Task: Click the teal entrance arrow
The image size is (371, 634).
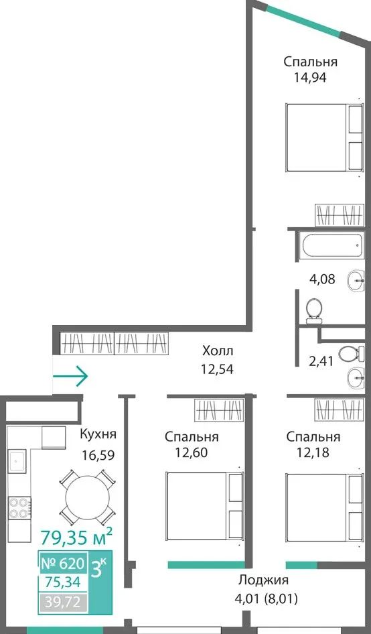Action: coord(70,376)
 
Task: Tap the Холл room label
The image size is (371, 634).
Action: coord(218,350)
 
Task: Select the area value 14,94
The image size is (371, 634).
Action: coord(310,77)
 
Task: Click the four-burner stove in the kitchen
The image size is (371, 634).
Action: coord(19,508)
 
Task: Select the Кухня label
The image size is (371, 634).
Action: coord(98,435)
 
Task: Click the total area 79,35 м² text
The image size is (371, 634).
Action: coord(76,537)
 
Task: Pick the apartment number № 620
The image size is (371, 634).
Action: coord(63,563)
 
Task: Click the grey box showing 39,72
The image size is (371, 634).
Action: coord(63,603)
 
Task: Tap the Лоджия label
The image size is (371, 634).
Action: coord(263,580)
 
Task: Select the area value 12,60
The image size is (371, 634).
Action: coord(191,452)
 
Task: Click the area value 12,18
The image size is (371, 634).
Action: coord(312,452)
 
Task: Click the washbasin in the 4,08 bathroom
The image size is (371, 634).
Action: coord(356,279)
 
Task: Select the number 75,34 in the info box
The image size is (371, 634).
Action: coord(60,582)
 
